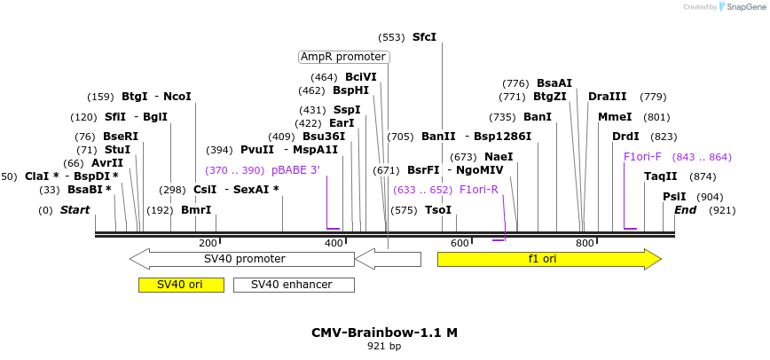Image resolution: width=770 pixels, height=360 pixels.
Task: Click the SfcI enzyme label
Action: pyautogui.click(x=424, y=37)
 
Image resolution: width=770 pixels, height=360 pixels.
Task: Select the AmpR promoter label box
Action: pyautogui.click(x=344, y=57)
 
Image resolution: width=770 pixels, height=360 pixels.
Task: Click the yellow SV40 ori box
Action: pyautogui.click(x=181, y=285)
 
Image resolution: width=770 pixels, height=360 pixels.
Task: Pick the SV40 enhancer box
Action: pyautogui.click(x=293, y=285)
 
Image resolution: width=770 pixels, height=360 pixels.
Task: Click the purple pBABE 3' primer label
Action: pyautogui.click(x=295, y=170)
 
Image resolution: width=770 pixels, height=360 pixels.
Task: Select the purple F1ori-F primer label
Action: pyautogui.click(x=642, y=157)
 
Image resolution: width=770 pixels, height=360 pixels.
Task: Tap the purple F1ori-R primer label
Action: pyautogui.click(x=479, y=189)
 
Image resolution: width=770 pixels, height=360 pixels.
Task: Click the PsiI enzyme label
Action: pyautogui.click(x=674, y=197)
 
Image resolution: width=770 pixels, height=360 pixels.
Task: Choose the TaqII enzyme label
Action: pyautogui.click(x=660, y=176)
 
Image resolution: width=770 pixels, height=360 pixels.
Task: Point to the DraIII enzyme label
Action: pyautogui.click(x=607, y=97)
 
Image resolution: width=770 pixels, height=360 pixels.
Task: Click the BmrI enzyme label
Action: pyautogui.click(x=196, y=210)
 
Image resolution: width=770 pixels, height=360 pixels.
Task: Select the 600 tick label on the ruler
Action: pyautogui.click(x=460, y=243)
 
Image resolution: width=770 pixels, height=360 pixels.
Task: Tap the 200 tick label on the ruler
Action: pyautogui.click(x=208, y=243)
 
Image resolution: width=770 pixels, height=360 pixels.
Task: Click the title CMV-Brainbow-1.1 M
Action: pyautogui.click(x=384, y=333)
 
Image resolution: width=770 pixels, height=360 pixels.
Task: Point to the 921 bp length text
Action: pyautogui.click(x=384, y=347)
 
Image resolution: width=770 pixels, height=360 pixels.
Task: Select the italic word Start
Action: pyautogui.click(x=75, y=210)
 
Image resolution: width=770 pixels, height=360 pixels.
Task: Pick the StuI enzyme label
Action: pyautogui.click(x=117, y=150)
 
